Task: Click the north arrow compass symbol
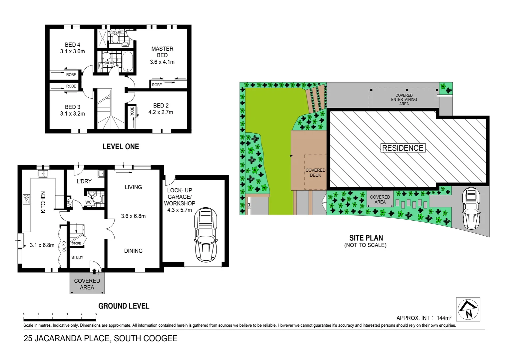(x=468, y=309)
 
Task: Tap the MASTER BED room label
(x=162, y=52)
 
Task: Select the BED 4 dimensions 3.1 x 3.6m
(x=72, y=51)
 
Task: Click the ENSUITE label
(x=117, y=32)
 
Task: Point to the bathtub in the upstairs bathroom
(x=128, y=61)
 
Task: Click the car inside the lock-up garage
(x=206, y=235)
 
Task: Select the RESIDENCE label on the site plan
(x=403, y=148)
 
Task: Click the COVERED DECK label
(x=315, y=173)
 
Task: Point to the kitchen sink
(x=43, y=174)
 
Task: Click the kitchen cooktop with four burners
(x=26, y=199)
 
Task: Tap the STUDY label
(x=77, y=257)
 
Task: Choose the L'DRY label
(x=84, y=181)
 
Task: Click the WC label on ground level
(x=88, y=202)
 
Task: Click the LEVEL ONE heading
(x=121, y=147)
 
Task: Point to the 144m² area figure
(x=444, y=318)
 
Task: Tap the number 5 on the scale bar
(x=96, y=314)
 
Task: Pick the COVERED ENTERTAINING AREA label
(x=404, y=99)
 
